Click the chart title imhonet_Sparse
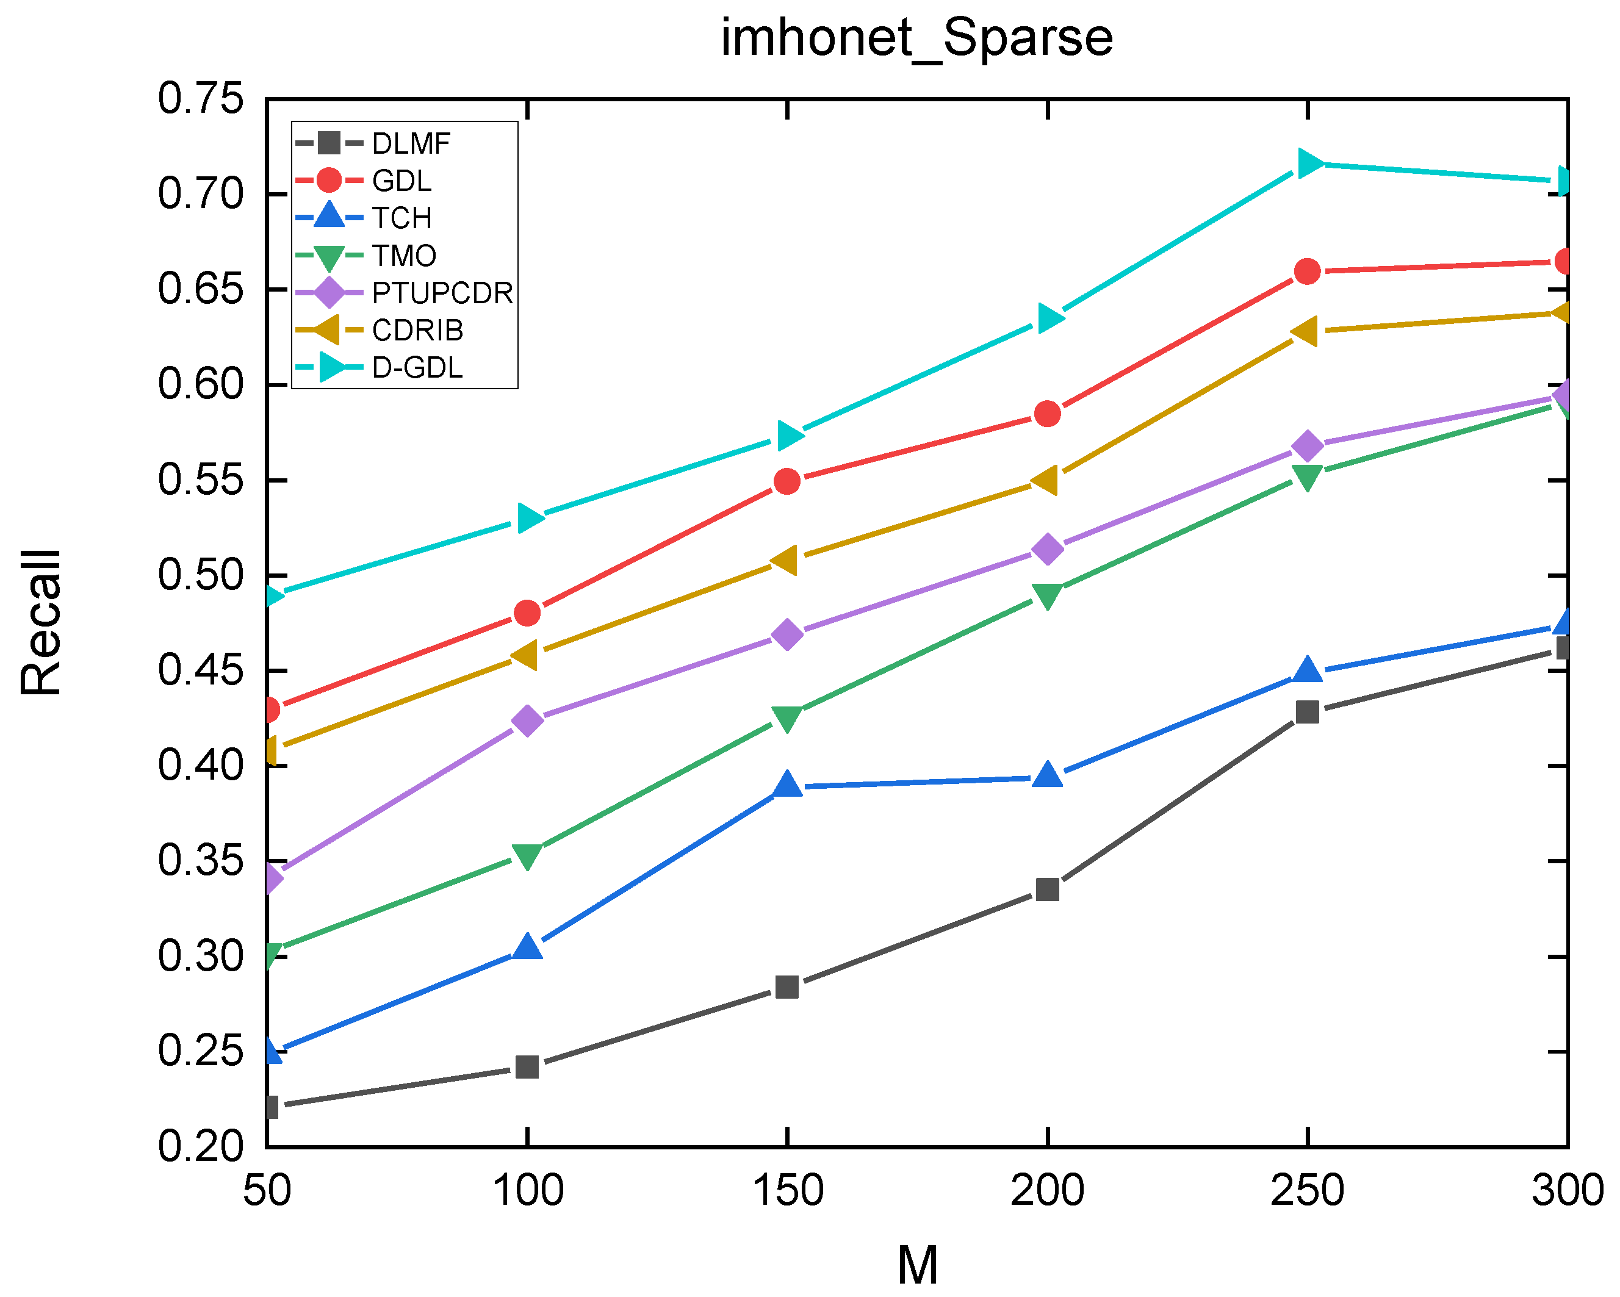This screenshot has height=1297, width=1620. (x=916, y=38)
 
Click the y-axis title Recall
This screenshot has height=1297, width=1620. (x=41, y=622)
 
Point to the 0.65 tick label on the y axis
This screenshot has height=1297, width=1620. (x=201, y=289)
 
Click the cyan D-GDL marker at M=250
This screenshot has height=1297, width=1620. (x=1308, y=163)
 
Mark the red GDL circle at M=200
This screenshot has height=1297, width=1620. (x=1048, y=413)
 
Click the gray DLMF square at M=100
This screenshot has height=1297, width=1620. (x=527, y=1067)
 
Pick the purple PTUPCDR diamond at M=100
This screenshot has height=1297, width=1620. (x=527, y=720)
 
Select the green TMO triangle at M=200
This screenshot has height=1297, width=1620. (x=1048, y=595)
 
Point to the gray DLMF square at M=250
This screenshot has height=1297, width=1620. (x=1308, y=711)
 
